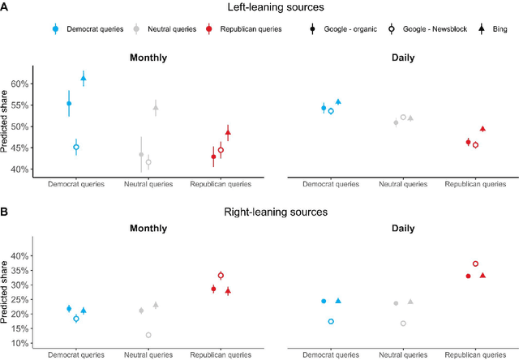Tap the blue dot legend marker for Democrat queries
point(55,28)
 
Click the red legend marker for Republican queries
point(210,28)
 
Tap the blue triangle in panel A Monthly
point(83,78)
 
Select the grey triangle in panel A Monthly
point(156,107)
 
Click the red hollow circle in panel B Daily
point(475,264)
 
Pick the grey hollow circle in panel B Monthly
point(148,335)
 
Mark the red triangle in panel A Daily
point(483,129)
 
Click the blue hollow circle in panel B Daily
point(331,322)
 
